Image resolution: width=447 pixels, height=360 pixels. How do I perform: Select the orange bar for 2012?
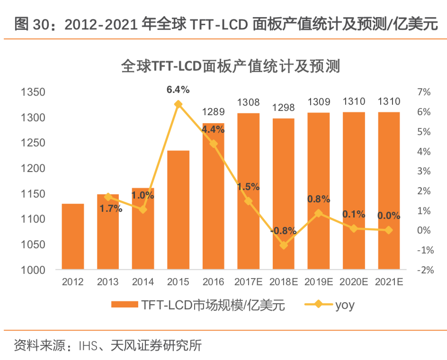[73, 236]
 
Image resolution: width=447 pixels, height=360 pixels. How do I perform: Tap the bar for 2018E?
[284, 194]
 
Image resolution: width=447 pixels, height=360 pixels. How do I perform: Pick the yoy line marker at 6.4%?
[178, 104]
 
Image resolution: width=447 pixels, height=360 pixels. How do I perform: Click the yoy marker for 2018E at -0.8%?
[284, 245]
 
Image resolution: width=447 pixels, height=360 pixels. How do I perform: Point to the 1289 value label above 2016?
[213, 112]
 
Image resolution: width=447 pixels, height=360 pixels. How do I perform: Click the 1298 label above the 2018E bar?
[284, 107]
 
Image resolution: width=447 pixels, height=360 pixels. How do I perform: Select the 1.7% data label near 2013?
[111, 207]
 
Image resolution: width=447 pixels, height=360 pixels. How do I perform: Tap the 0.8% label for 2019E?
[319, 199]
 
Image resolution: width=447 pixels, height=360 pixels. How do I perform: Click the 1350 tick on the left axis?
[33, 92]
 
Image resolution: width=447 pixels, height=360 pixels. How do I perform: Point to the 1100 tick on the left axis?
[33, 219]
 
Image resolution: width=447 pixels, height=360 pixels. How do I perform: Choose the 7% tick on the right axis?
[424, 92]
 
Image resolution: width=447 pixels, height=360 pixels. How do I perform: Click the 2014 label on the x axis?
[143, 282]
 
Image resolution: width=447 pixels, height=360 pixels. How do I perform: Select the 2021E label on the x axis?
[389, 282]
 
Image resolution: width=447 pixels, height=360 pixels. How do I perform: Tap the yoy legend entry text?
[345, 305]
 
